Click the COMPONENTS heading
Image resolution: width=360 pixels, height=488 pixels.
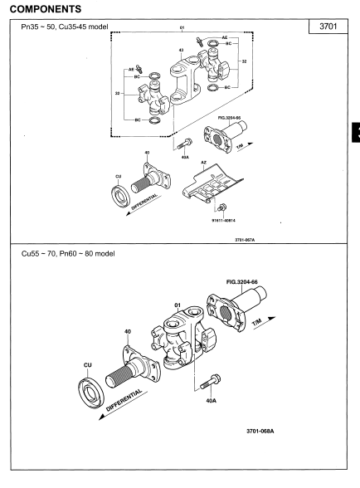pyautogui.click(x=46, y=9)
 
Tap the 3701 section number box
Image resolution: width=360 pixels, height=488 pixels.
pyautogui.click(x=328, y=27)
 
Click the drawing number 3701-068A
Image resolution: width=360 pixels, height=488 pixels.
pyautogui.click(x=260, y=431)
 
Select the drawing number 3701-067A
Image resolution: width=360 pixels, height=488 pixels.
pyautogui.click(x=245, y=240)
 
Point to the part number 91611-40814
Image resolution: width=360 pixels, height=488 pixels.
pyautogui.click(x=223, y=221)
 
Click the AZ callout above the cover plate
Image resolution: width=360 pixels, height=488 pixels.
pyautogui.click(x=204, y=163)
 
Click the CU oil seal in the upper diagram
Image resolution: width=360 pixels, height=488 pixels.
pyautogui.click(x=121, y=196)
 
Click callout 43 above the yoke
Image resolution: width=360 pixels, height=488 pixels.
pyautogui.click(x=182, y=50)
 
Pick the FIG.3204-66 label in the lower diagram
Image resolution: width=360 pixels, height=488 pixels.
pyautogui.click(x=241, y=282)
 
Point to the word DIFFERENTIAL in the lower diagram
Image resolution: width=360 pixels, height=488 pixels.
pyautogui.click(x=124, y=400)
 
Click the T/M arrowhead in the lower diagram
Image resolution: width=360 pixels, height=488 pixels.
pyautogui.click(x=271, y=319)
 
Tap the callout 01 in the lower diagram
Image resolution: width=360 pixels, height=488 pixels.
pyautogui.click(x=178, y=305)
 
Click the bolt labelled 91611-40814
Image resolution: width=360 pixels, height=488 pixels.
pyautogui.click(x=222, y=207)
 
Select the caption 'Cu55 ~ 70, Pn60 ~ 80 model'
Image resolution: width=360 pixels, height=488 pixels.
pyautogui.click(x=68, y=254)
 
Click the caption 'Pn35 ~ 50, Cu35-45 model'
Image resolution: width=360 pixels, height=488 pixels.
pyautogui.click(x=65, y=27)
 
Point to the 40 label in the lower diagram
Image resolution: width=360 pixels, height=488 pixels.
pyautogui.click(x=128, y=331)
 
